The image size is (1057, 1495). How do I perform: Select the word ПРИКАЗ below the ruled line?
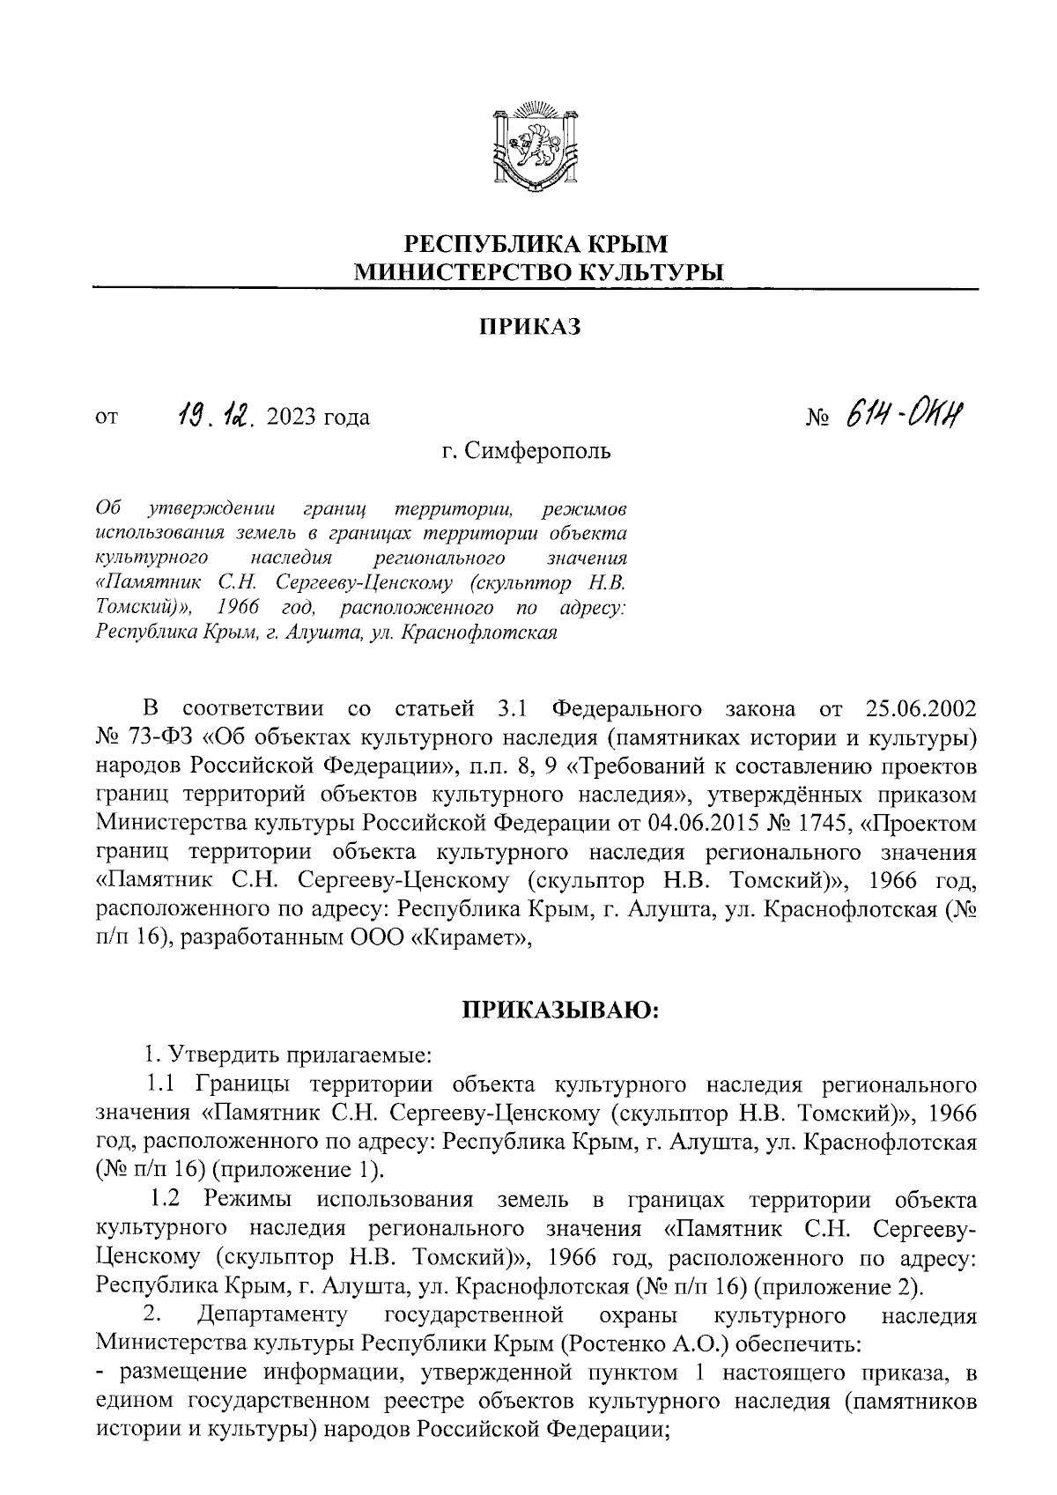point(530,328)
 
